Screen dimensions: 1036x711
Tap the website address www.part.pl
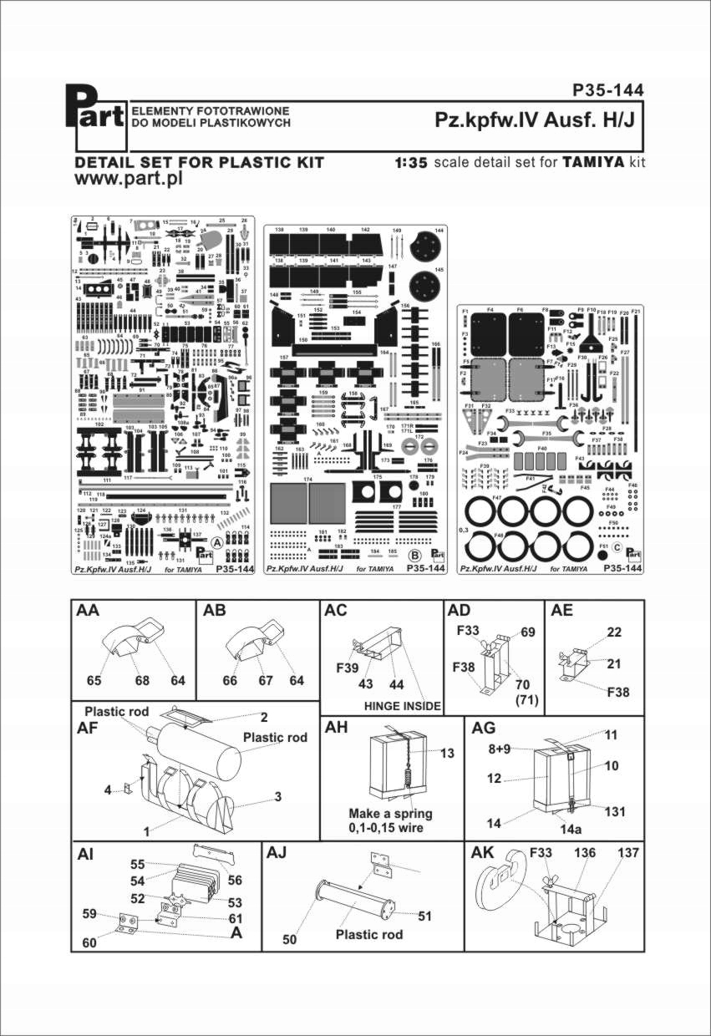[129, 179]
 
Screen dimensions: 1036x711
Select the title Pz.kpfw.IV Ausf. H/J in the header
[535, 119]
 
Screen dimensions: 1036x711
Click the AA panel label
[88, 612]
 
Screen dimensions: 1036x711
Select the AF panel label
[88, 728]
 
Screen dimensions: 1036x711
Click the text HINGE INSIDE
[403, 705]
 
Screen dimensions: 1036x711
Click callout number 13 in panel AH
[448, 754]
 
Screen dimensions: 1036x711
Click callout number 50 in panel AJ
[290, 940]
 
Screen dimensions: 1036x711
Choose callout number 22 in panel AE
[614, 632]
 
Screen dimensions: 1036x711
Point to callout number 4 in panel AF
[109, 789]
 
